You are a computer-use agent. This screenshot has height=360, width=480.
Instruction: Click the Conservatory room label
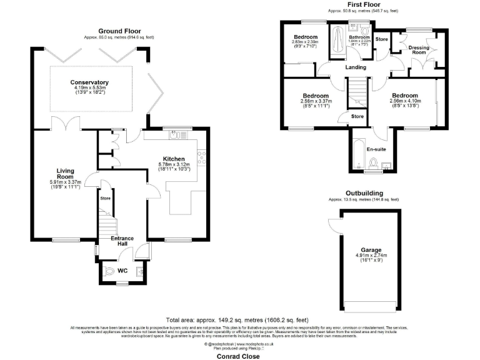pos(89,82)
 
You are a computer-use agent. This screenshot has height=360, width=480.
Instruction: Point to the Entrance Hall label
pos(123,241)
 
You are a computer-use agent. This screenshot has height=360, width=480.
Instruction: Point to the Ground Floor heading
pos(119,31)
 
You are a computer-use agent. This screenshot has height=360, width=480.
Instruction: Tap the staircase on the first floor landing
pos(356,91)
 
